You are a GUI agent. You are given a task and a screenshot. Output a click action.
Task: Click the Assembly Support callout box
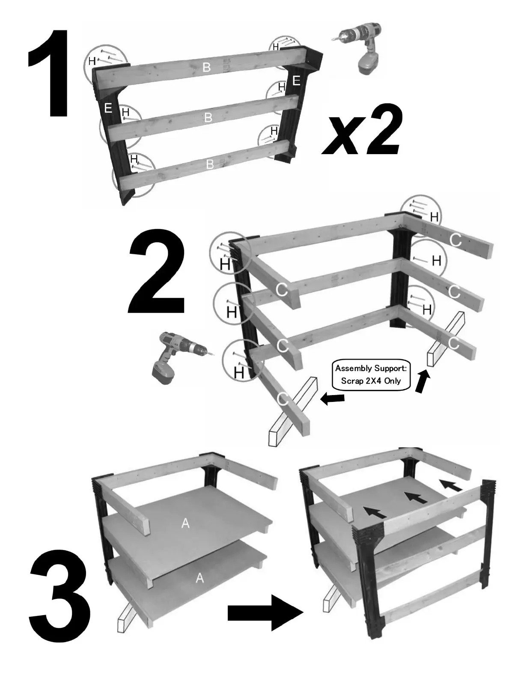point(371,375)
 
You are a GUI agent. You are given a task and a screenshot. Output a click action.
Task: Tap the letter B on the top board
point(207,67)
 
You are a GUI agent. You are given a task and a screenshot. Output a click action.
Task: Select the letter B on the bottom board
point(210,164)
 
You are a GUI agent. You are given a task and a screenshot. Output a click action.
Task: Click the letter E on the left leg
point(108,108)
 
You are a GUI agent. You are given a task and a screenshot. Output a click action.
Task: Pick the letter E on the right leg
point(296,81)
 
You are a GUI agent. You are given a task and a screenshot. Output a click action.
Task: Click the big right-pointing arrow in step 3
point(265,613)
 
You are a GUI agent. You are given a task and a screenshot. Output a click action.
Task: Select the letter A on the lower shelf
point(199,578)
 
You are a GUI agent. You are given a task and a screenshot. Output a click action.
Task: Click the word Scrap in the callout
point(352,381)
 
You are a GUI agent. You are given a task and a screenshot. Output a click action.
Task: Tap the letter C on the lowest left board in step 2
point(283,399)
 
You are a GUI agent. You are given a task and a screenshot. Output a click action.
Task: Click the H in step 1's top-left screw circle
point(92,61)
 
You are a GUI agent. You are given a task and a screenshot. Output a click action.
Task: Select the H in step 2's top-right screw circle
point(434,217)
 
